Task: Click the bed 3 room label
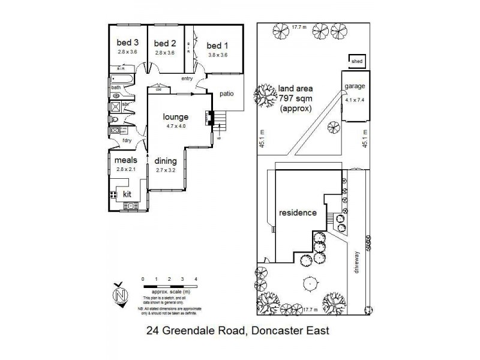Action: [127, 43]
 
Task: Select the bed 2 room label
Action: [164, 43]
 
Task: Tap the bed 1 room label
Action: [217, 46]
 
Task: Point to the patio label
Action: [226, 94]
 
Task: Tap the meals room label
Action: [126, 160]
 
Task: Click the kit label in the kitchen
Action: [127, 195]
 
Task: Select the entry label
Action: [187, 79]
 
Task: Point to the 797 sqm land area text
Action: [295, 100]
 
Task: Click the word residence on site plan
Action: [297, 212]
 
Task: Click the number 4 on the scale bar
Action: [196, 280]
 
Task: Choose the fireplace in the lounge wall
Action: [209, 118]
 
